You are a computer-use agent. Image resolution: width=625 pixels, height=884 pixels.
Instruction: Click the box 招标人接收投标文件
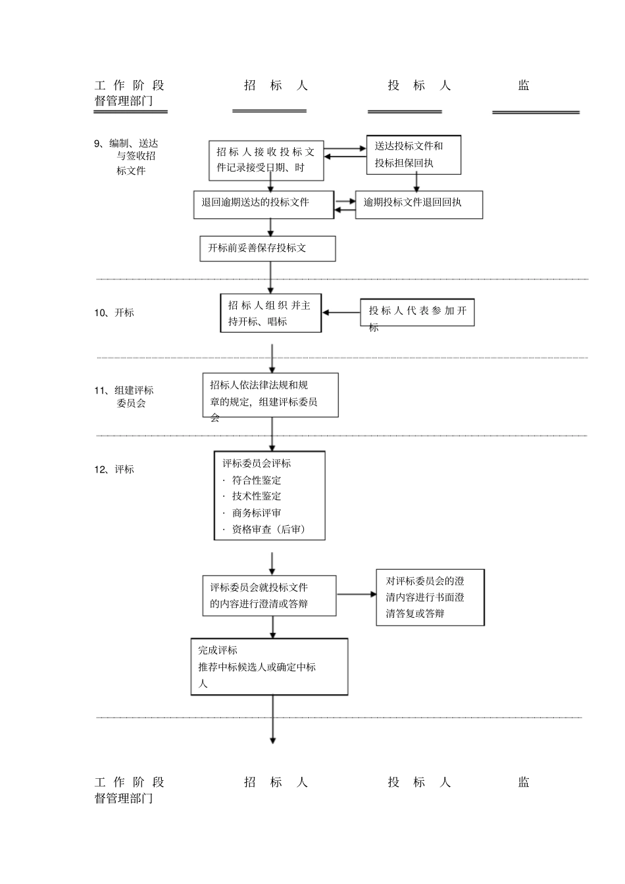pos(266,160)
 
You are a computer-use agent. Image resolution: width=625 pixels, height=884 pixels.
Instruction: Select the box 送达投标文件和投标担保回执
pos(413,155)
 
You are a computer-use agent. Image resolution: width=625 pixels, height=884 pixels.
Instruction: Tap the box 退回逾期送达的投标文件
pos(263,204)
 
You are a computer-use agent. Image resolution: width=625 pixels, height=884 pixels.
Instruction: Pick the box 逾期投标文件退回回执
pos(418,204)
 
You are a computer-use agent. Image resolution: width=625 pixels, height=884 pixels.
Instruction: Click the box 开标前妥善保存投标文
pos(267,248)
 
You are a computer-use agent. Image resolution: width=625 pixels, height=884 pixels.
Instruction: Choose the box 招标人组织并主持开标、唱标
pos(270,313)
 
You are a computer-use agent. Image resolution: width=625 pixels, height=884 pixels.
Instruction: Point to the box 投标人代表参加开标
pos(417,312)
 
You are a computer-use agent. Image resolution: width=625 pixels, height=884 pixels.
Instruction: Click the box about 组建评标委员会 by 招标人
pos(270,395)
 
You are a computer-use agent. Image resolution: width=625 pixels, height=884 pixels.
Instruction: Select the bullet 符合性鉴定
pos(256,480)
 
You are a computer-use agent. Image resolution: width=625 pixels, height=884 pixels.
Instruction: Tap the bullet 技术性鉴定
pos(256,497)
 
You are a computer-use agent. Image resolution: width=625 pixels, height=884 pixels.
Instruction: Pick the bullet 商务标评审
pos(256,513)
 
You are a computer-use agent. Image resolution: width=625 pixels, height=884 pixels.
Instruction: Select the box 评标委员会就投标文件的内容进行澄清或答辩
pos(268,595)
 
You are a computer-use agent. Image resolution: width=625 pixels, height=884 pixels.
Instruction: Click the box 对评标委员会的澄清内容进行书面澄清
pos(430,597)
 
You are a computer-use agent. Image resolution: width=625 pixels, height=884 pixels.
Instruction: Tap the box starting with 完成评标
pos(269,666)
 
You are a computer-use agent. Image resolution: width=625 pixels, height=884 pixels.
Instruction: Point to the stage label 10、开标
pos(114,313)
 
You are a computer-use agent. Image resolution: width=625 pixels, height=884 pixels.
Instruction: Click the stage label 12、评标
pos(114,469)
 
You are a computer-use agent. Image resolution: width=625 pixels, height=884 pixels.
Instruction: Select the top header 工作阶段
pos(129,85)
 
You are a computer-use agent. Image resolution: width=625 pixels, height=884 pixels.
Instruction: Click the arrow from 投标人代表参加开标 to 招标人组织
pos(341,313)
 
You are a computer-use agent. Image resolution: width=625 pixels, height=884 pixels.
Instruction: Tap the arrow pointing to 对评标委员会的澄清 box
pos(356,594)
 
